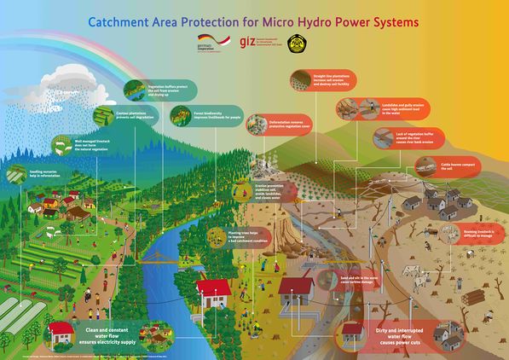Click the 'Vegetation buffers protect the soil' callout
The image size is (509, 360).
(159, 89)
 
